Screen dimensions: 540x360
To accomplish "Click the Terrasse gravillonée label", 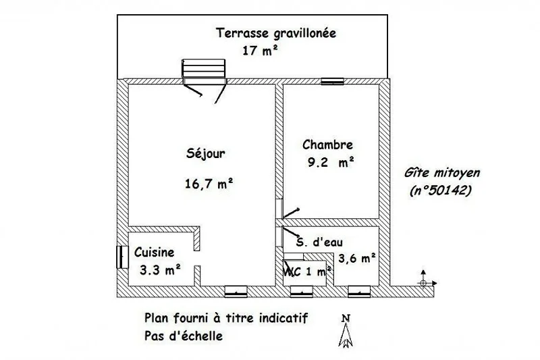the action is click(x=276, y=33).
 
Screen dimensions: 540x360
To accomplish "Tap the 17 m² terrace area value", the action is click(x=260, y=51).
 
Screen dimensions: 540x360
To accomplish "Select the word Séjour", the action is click(x=206, y=153).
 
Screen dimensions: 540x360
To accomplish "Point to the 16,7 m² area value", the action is click(x=209, y=184).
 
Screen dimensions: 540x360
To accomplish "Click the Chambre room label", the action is click(x=327, y=145).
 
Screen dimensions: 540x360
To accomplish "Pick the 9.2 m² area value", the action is click(x=331, y=162).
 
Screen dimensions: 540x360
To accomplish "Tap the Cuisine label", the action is click(x=154, y=252).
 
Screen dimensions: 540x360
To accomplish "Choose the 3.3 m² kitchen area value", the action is click(x=160, y=269).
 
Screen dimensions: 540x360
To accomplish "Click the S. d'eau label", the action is click(x=319, y=242).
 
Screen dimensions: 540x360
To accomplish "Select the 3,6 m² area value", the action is click(x=357, y=258).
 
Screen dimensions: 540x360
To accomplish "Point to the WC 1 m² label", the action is click(x=307, y=272).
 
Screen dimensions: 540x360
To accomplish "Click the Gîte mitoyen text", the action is click(x=442, y=173).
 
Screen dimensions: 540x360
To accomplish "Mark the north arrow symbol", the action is click(x=346, y=330).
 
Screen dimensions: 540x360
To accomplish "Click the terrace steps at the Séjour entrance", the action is click(x=204, y=68).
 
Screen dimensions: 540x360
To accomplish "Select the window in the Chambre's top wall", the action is click(x=332, y=81).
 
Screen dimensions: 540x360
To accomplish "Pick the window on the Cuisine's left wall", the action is click(x=122, y=257).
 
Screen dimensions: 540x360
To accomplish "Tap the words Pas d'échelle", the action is click(x=183, y=336).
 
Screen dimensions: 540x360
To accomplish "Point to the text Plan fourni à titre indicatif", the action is click(x=226, y=317).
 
